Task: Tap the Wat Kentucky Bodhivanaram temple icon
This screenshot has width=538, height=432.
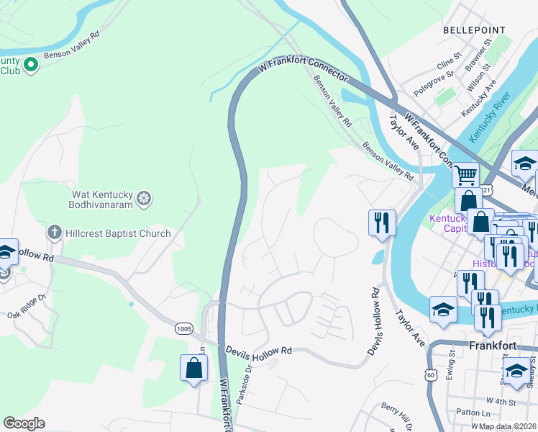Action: (144, 198)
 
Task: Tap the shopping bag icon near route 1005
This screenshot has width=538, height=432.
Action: (194, 368)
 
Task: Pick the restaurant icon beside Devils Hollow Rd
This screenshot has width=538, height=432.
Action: (382, 222)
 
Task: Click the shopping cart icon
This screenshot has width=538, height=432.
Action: (466, 174)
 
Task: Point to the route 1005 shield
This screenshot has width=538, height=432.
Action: (184, 328)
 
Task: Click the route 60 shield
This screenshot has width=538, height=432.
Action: (430, 374)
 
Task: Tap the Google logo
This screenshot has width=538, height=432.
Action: (24, 423)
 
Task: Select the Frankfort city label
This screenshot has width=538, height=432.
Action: (493, 345)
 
